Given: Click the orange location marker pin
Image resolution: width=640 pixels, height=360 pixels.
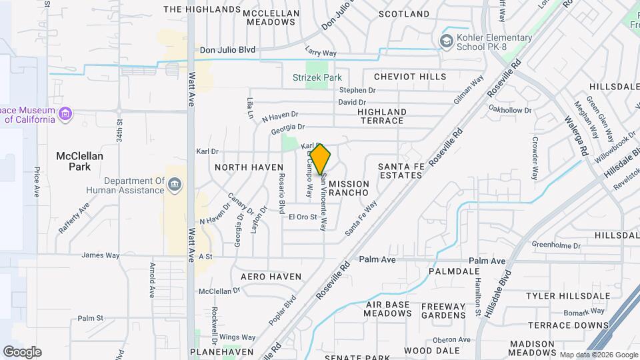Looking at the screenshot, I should coord(321,159).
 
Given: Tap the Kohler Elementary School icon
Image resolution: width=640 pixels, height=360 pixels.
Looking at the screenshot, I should coord(445,41).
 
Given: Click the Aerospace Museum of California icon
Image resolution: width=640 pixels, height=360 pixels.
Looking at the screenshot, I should coord(65,115).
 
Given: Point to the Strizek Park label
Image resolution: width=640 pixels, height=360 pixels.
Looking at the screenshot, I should coord(317,77).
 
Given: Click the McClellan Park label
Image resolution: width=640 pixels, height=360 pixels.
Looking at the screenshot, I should coord(79,161).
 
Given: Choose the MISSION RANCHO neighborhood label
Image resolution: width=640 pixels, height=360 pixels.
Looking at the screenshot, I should coord(349,188).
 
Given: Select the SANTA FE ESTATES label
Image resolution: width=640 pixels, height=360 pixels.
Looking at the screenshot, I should coord(401,171).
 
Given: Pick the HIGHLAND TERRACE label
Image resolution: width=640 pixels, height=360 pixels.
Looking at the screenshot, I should coord(381,116).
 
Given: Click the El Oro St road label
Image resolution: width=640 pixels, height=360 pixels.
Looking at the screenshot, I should coord(302,217).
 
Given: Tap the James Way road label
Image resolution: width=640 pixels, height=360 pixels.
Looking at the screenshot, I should coord(100,255).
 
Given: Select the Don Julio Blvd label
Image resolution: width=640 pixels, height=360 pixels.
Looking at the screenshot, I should coord(227,49).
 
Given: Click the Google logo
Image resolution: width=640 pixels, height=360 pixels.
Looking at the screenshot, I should coord(21,352).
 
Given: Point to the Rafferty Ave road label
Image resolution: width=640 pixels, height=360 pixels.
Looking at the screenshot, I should coord(73,219).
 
